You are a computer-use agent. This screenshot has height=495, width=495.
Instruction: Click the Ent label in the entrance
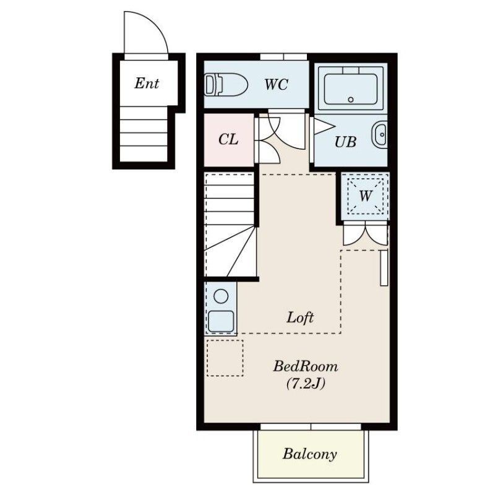[x=147, y=84]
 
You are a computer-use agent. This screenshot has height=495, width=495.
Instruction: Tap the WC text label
[x=276, y=84]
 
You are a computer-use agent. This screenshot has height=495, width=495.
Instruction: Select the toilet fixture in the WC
[x=226, y=85]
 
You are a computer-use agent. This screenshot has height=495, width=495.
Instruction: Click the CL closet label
[x=228, y=139]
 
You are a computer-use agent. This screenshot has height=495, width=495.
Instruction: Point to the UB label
[x=345, y=142]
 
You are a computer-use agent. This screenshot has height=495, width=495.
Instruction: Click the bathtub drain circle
[x=351, y=100]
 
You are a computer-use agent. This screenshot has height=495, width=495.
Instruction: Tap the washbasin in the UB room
[x=379, y=134]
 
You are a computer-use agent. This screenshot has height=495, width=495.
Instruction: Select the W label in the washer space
[x=365, y=196]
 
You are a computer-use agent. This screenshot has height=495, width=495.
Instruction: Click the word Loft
[x=300, y=317]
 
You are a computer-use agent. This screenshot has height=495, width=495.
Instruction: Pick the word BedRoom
[x=305, y=366]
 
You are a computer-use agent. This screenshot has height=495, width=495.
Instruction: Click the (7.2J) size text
[x=306, y=384]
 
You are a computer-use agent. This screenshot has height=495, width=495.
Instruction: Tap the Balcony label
[x=309, y=454]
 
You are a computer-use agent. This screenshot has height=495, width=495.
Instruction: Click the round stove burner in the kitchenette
[x=221, y=296]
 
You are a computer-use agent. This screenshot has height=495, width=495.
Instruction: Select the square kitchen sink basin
[x=221, y=321]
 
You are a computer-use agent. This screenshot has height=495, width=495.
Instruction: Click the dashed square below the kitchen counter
[x=225, y=358]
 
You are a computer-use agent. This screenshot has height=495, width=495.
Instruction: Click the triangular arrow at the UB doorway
[x=324, y=127]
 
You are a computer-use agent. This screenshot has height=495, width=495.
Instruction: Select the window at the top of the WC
[x=283, y=57]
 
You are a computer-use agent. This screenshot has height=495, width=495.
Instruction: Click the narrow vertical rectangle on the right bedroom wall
[x=384, y=268]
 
